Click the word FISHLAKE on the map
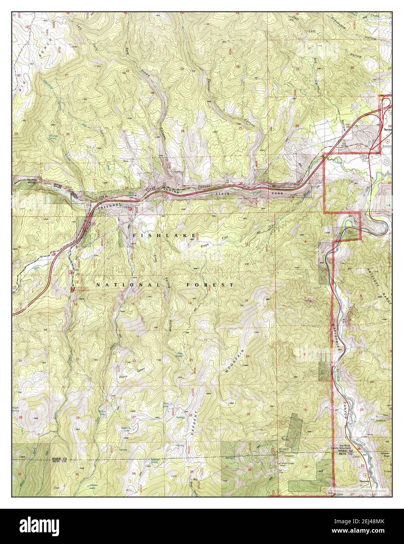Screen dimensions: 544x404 pos(164,235)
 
